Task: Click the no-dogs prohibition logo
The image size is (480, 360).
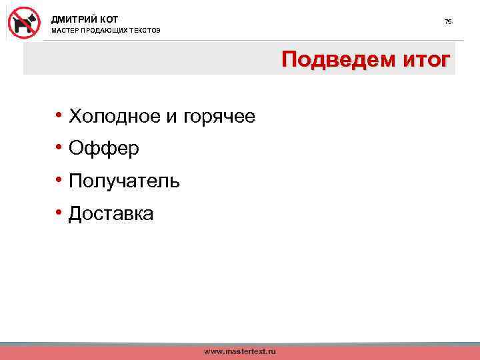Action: coord(25,22)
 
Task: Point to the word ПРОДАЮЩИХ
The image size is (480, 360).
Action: coord(109,31)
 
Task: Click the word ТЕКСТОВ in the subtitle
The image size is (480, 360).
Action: coord(147,31)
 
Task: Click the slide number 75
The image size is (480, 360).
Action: coord(448,22)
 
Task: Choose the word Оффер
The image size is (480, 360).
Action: coord(104,149)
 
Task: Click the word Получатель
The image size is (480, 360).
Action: coord(124,181)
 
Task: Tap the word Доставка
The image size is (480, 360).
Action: coord(111,213)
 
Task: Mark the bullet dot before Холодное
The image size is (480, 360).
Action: coord(59,116)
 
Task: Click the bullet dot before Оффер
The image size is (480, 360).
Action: coord(59,148)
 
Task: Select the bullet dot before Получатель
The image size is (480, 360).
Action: coord(59,180)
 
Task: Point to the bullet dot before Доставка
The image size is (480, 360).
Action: coord(59,213)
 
